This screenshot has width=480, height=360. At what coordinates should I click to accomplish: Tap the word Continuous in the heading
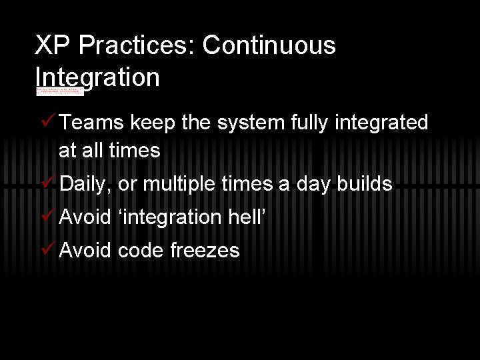[x=269, y=46]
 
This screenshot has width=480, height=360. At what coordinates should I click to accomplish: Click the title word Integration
[x=97, y=78]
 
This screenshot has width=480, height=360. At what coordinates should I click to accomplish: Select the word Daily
[x=83, y=185]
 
